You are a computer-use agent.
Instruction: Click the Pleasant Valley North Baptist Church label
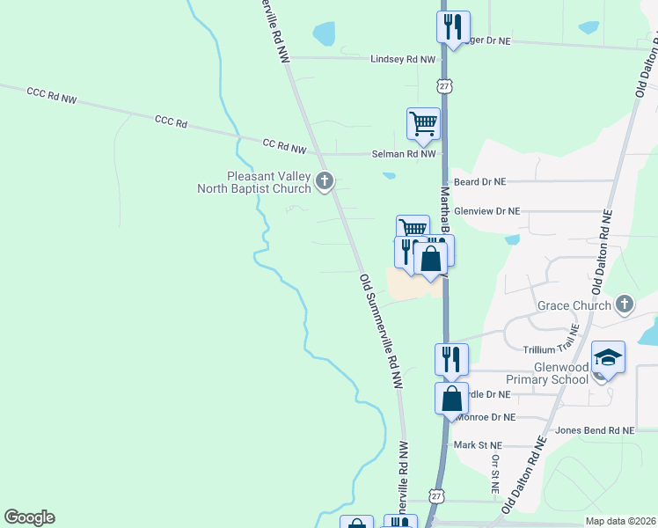256,181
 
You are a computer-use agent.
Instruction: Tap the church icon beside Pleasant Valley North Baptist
325,182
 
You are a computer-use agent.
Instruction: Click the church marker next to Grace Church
625,304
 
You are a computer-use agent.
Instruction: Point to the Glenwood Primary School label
546,372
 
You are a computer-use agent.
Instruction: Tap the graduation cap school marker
608,356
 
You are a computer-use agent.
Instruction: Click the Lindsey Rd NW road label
403,59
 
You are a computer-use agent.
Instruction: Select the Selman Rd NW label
404,154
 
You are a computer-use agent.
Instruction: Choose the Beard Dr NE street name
480,181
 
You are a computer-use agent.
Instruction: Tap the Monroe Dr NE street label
483,417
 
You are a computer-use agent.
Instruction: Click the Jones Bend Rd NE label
595,430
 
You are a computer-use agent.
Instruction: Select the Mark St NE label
478,445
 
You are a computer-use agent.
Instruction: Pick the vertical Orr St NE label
495,473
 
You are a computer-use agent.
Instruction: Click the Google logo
29,517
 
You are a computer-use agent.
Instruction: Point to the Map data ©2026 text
619,521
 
